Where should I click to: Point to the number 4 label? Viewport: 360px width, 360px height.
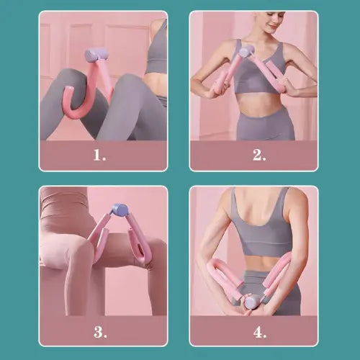pos(259,331)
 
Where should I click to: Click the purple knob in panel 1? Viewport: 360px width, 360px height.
pos(96,55)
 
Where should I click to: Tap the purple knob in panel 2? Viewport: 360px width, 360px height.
pos(246,51)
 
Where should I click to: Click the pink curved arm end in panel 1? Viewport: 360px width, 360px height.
pos(69,101)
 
